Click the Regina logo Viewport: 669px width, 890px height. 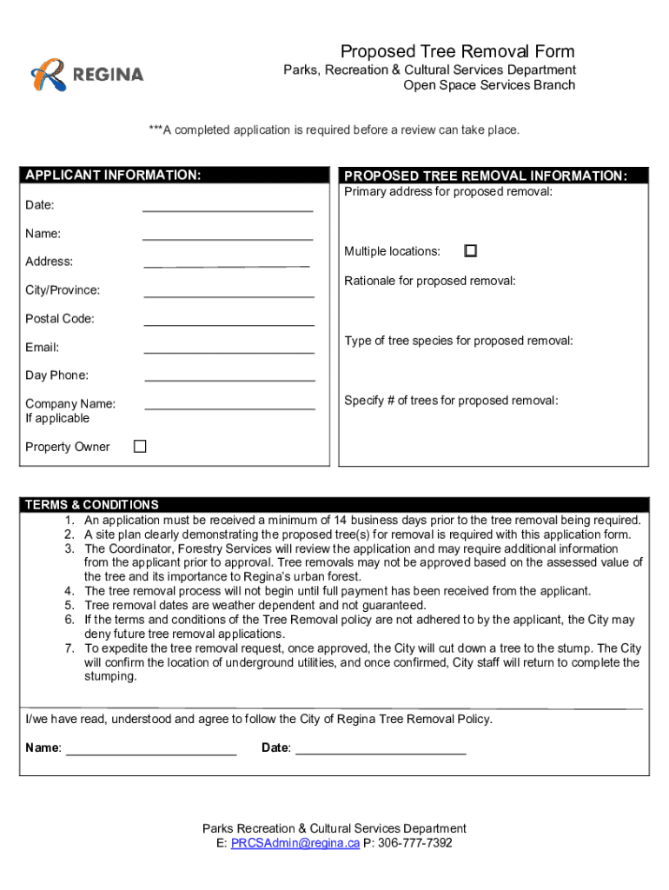(x=87, y=75)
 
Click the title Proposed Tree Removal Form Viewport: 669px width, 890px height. (x=457, y=51)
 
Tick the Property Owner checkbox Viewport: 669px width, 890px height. (x=140, y=446)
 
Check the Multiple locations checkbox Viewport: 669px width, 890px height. (x=470, y=250)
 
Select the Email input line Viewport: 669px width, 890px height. (x=229, y=352)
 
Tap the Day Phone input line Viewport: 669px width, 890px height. (x=229, y=380)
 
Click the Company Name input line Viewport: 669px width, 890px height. (x=229, y=408)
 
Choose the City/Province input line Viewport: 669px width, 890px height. (x=229, y=296)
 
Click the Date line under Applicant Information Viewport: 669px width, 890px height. (x=228, y=209)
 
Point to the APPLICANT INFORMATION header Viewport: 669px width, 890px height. (x=114, y=176)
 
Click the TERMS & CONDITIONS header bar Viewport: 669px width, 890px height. (x=334, y=504)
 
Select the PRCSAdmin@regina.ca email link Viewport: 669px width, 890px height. (x=295, y=843)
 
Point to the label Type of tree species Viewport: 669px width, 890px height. (x=458, y=341)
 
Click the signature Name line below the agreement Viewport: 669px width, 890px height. (x=151, y=754)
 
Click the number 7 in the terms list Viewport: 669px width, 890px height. (x=70, y=648)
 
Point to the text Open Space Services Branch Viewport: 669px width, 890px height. (x=488, y=85)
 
